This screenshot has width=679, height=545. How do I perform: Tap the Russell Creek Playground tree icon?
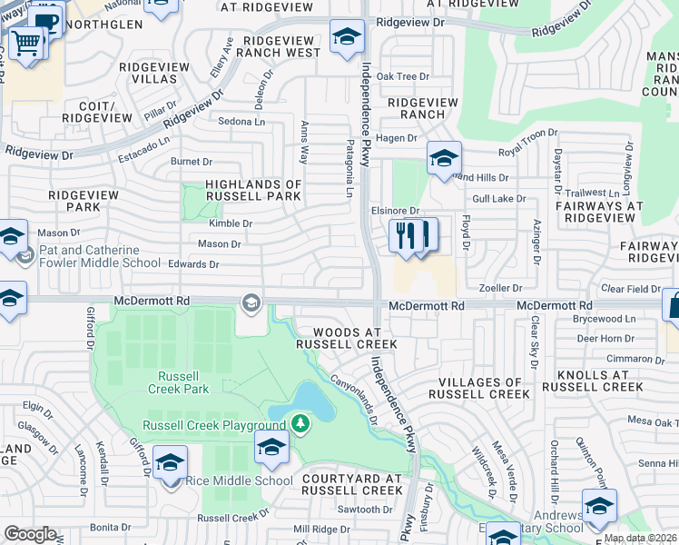point(300,422)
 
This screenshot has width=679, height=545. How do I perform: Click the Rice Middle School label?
point(239,481)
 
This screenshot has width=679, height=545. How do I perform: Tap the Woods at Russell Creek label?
point(346,338)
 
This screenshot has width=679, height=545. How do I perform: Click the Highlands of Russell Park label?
point(253,189)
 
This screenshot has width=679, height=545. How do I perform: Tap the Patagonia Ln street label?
point(348,168)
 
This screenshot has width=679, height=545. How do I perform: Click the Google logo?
point(30,534)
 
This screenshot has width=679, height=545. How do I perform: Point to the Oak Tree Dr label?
point(403,76)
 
